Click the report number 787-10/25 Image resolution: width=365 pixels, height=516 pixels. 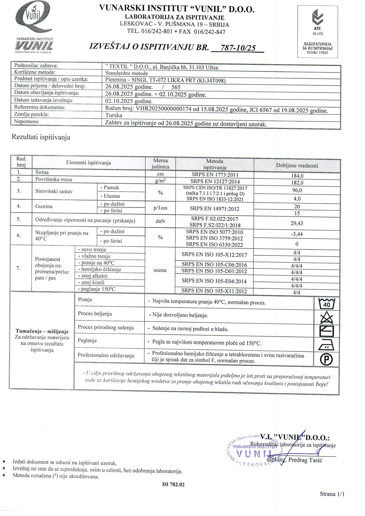tap(238, 48)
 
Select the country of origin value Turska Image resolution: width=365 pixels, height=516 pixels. tap(114, 115)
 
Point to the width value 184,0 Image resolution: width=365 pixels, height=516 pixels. tap(297, 176)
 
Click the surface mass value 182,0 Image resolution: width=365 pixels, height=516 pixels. tap(297, 183)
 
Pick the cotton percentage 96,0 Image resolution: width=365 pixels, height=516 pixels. tap(297, 190)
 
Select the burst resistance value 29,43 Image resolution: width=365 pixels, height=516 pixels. tap(297, 223)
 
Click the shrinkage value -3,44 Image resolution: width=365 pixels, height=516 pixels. tap(297, 234)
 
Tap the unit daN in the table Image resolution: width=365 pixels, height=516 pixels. tap(160, 221)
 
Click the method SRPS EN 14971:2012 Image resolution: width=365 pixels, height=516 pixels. tap(214, 209)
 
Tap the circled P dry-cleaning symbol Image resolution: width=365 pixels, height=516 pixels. tap(326, 359)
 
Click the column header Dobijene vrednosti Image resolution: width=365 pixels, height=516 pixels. tap(297, 166)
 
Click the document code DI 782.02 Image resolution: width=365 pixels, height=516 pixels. tap(173, 485)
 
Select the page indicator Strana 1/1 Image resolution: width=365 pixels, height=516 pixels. tap(332, 494)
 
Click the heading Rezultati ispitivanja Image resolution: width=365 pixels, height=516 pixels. tap(41, 137)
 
